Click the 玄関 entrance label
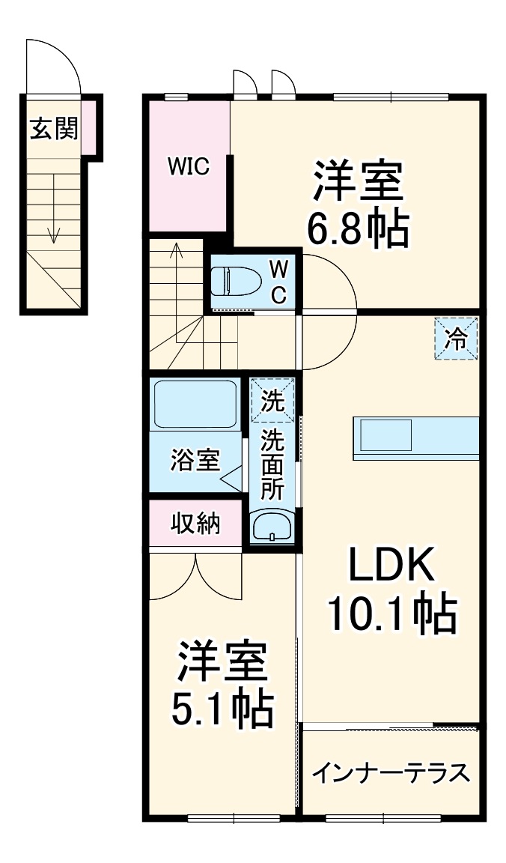coord(53,130)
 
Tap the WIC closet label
coord(188,166)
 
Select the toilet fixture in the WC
coord(235,282)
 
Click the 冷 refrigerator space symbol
coord(457,339)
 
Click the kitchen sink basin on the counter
coord(386,435)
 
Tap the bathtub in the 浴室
coord(195,405)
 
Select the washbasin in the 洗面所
coord(272,527)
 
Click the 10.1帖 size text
coord(391,615)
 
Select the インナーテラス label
coord(391,772)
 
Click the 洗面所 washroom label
coord(272,464)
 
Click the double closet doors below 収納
coord(195,577)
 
